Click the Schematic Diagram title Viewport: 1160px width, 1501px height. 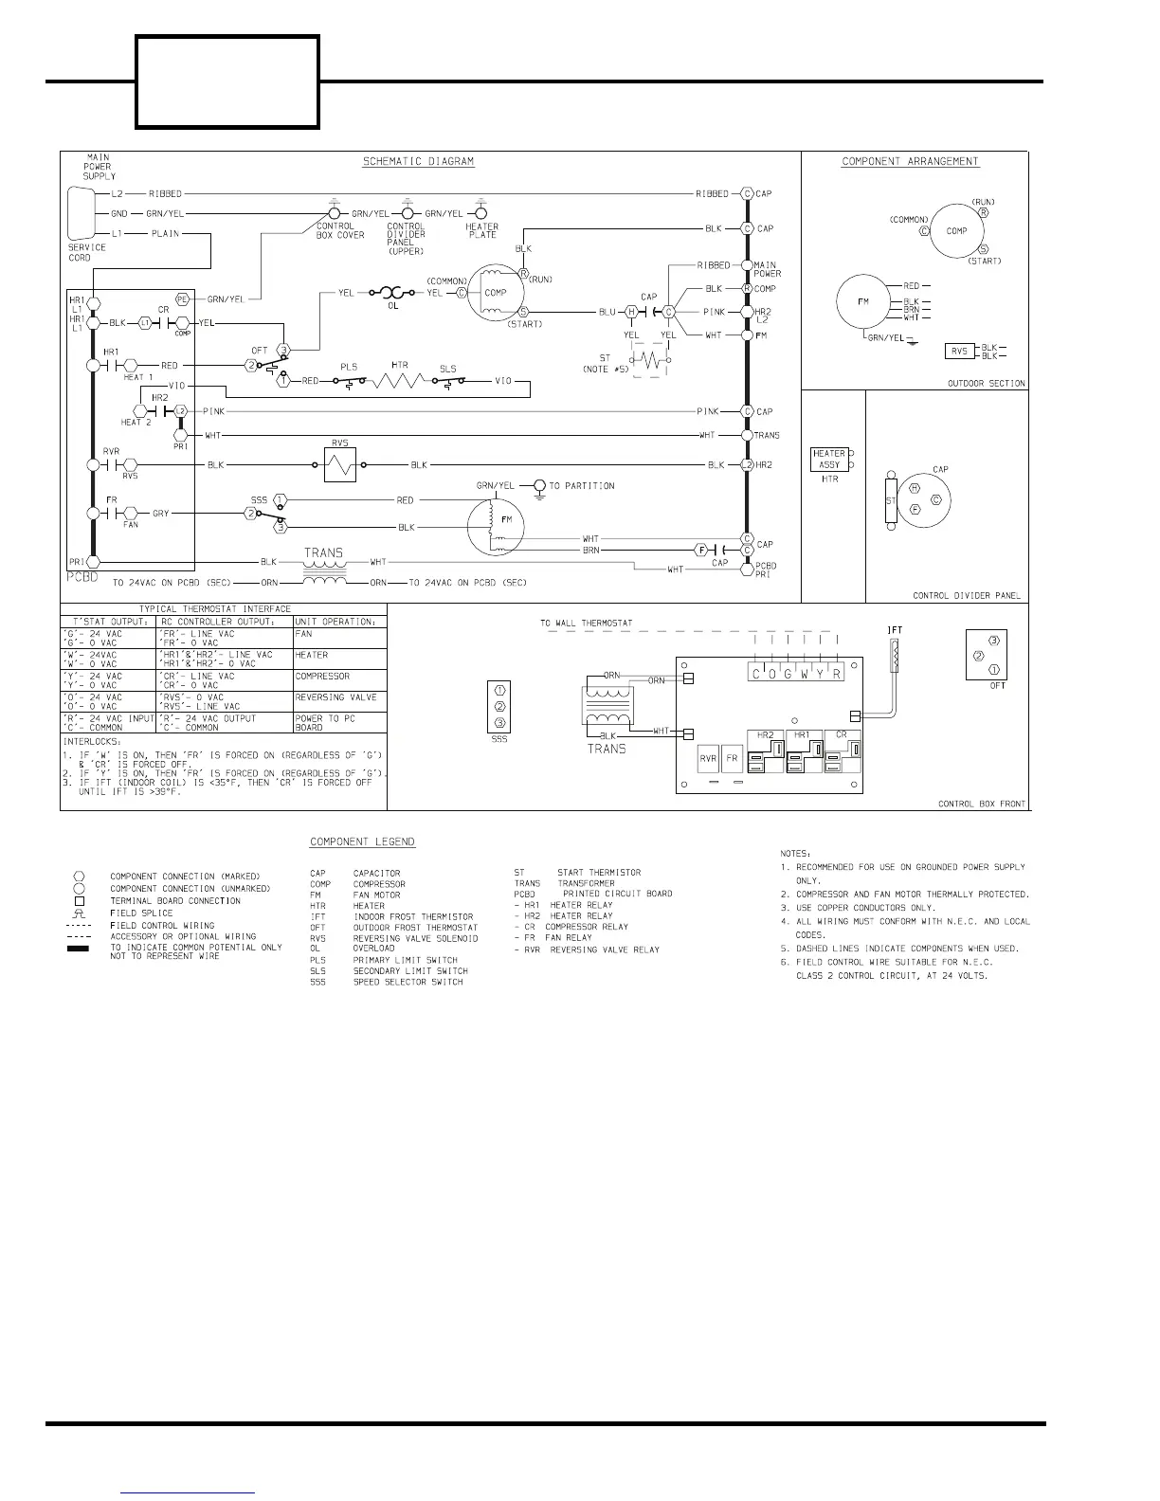[x=418, y=161]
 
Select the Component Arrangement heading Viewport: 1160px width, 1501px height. [x=910, y=161]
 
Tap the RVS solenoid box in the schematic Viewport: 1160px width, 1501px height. [x=339, y=464]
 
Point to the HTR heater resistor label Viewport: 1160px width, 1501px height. [x=399, y=366]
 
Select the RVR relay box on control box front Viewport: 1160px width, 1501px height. [x=708, y=759]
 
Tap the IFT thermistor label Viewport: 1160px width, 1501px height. [x=894, y=630]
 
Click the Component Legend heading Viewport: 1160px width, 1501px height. [x=362, y=842]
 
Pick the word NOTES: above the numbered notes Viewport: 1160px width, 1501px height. [x=795, y=854]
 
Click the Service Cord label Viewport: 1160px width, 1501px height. [x=87, y=252]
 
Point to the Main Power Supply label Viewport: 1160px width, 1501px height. [x=99, y=167]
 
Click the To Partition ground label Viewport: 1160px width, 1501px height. [x=581, y=486]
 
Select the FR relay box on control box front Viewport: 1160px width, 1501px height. [x=732, y=759]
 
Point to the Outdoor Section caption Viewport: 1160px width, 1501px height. [x=986, y=384]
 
